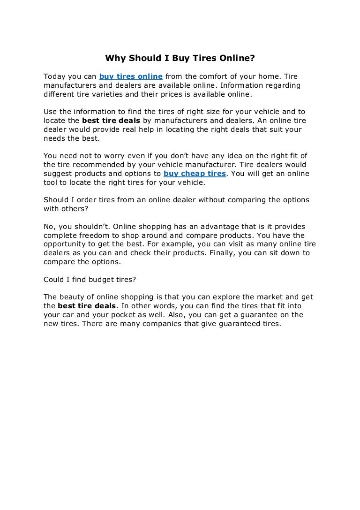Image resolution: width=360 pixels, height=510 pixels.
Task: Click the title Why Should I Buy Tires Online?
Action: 180,59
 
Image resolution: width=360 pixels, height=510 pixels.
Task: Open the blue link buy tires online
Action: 131,76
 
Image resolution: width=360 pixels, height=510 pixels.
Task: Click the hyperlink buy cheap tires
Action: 195,174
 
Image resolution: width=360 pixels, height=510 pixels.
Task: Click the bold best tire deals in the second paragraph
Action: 111,121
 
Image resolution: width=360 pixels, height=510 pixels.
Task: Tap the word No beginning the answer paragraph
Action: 49,226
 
